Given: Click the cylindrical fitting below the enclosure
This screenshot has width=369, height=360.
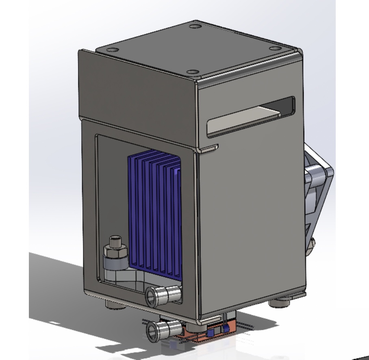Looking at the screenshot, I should point(162,327).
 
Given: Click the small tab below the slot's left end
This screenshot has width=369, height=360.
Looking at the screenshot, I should point(210,149).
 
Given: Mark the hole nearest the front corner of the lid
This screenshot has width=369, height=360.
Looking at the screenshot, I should point(192,72).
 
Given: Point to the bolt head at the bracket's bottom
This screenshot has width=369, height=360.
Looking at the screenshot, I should point(312,244).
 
